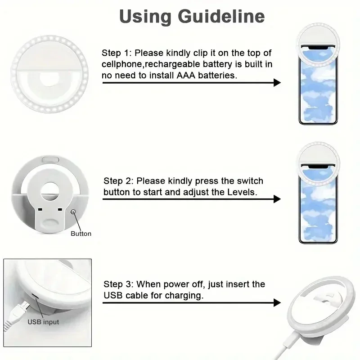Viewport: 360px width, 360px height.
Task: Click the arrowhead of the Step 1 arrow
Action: (x=277, y=82)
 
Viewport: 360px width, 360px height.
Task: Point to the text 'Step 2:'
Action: (x=119, y=181)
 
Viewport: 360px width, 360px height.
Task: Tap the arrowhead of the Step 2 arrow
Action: (x=277, y=198)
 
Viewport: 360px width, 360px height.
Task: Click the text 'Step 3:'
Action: (x=119, y=284)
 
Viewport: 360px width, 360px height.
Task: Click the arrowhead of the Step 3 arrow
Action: (x=277, y=303)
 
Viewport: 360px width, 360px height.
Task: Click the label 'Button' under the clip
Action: (x=81, y=234)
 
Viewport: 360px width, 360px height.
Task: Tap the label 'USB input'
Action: (x=43, y=322)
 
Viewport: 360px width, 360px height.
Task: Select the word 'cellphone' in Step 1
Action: (x=121, y=64)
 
